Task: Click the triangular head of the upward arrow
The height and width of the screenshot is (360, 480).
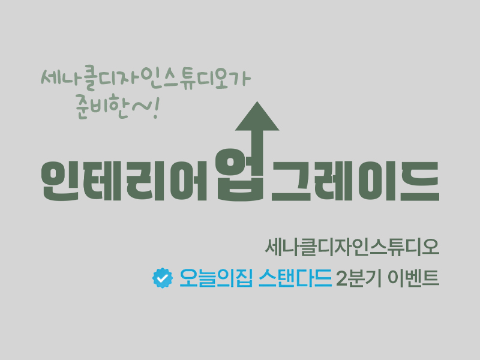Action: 257,116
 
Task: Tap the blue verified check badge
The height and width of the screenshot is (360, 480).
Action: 163,278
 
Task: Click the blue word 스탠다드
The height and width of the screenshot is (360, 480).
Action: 295,278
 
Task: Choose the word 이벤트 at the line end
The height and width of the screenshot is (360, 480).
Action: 413,278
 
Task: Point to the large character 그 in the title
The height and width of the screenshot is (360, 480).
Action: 291,181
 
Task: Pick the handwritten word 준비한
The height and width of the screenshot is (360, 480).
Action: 101,106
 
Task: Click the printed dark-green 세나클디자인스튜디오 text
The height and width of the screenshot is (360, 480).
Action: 352,247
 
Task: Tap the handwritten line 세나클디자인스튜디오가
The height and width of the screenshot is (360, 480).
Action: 146,78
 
